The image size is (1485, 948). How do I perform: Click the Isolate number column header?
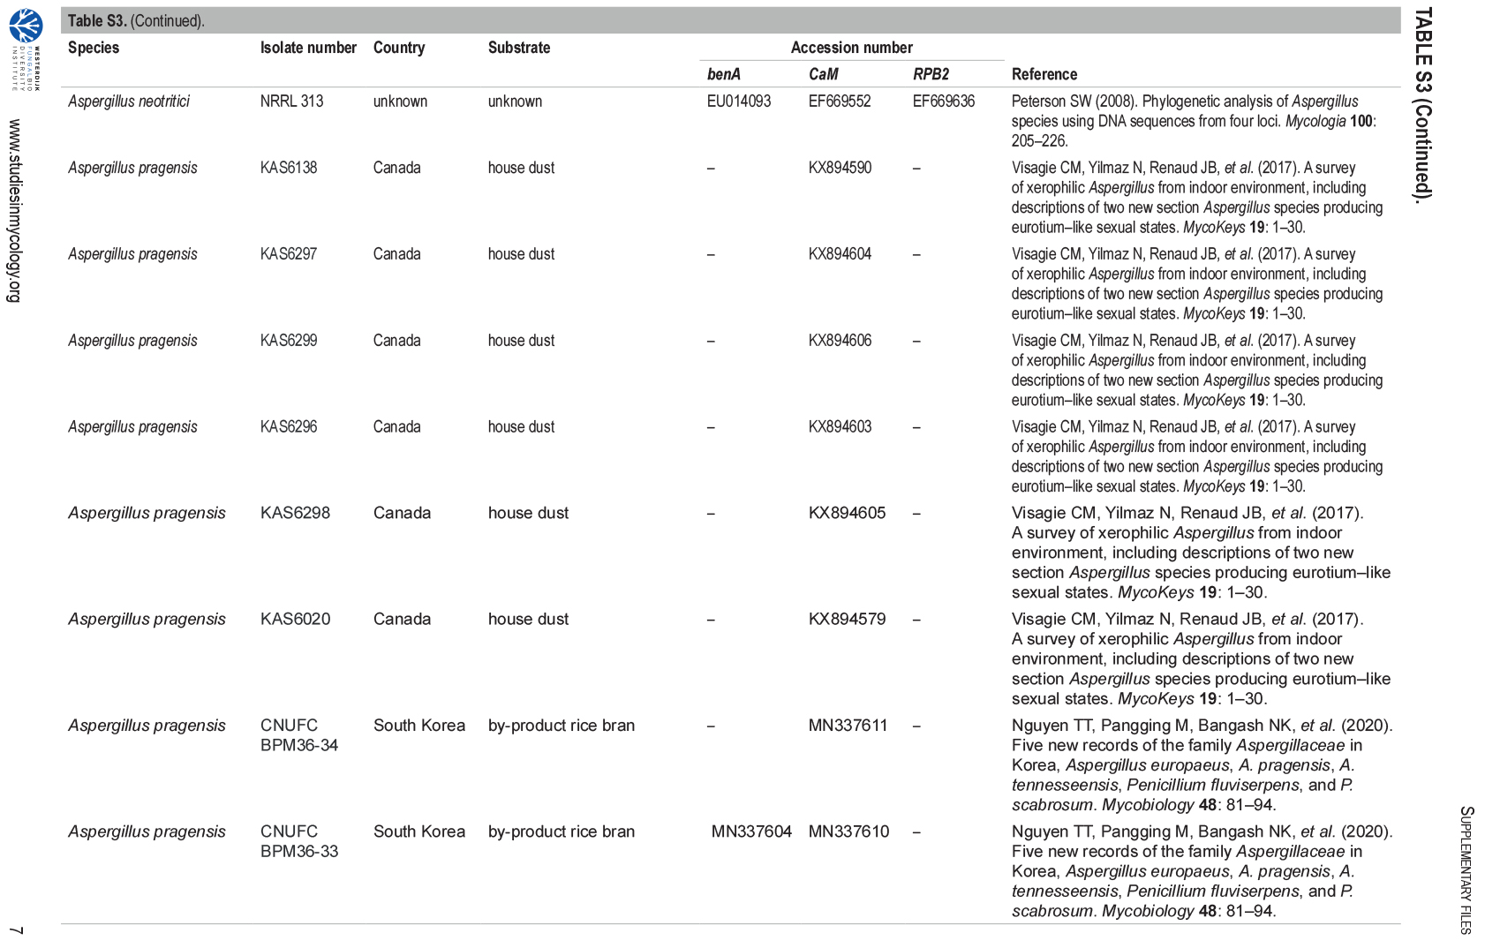pyautogui.click(x=308, y=48)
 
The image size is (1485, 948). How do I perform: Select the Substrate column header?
pyautogui.click(x=519, y=48)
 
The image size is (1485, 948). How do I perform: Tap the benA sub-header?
pyautogui.click(x=723, y=74)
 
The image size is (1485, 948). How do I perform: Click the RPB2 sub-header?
pyautogui.click(x=931, y=74)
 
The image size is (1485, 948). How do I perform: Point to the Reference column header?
pyautogui.click(x=1044, y=74)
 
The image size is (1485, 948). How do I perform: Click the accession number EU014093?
pyautogui.click(x=739, y=102)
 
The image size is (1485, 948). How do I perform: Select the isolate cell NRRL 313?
pyautogui.click(x=291, y=102)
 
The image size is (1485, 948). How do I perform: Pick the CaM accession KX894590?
pyautogui.click(x=840, y=168)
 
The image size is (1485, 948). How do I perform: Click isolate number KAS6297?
pyautogui.click(x=289, y=254)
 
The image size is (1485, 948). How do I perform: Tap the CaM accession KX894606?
pyautogui.click(x=840, y=341)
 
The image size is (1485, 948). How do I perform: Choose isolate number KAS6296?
pyautogui.click(x=289, y=427)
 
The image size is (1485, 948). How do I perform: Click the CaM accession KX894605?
pyautogui.click(x=847, y=513)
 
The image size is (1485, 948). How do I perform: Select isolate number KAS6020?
pyautogui.click(x=295, y=619)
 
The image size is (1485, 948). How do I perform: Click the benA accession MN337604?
pyautogui.click(x=751, y=831)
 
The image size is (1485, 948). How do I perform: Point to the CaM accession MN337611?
pyautogui.click(x=848, y=726)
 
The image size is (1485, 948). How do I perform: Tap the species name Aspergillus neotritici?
pyautogui.click(x=129, y=102)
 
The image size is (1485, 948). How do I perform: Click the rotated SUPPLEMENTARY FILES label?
pyautogui.click(x=1466, y=869)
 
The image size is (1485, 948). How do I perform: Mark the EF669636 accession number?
pyautogui.click(x=944, y=102)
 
